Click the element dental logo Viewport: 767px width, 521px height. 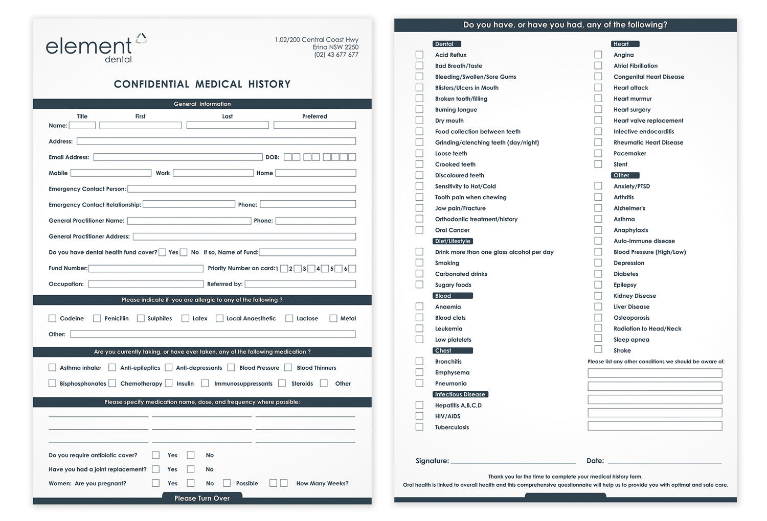pos(96,49)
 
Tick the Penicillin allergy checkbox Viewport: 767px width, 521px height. pos(97,318)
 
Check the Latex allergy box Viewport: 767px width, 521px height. pos(185,318)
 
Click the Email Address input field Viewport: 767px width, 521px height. pos(177,157)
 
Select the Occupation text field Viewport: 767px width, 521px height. pos(146,284)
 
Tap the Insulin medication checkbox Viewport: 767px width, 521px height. pos(169,383)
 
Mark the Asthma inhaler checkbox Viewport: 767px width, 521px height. pos(52,367)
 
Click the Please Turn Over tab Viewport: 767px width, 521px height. pos(202,498)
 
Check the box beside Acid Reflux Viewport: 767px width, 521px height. pos(419,55)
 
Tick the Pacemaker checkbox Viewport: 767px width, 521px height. pos(598,153)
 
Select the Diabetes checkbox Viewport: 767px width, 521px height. pos(598,274)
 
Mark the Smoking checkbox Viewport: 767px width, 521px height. pos(419,263)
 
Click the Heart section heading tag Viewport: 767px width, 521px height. pos(625,44)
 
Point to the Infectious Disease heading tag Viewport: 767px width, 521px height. pos(460,394)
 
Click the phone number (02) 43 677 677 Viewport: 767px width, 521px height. pos(336,55)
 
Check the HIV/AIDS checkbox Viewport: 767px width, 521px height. pos(419,416)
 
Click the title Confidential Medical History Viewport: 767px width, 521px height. pos(202,84)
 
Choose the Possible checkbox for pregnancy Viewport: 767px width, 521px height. pos(227,483)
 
